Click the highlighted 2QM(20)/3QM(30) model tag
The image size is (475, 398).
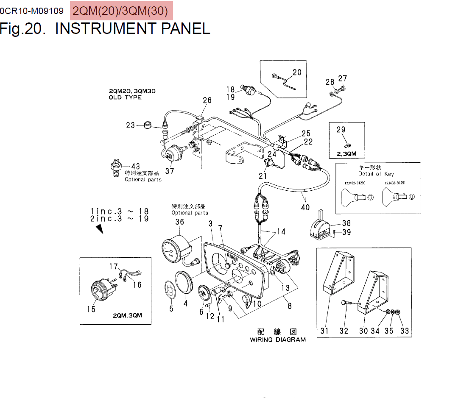click(x=120, y=11)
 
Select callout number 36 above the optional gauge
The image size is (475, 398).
click(x=179, y=222)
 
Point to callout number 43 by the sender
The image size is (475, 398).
click(x=135, y=167)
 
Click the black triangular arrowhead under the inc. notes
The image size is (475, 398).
click(x=100, y=229)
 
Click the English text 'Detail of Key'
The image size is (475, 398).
click(x=376, y=174)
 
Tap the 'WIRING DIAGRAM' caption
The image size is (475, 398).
click(x=277, y=340)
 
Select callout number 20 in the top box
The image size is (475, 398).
click(x=297, y=72)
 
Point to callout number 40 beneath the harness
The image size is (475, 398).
click(x=305, y=207)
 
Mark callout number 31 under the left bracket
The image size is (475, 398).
click(x=324, y=331)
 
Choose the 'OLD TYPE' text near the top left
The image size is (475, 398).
click(x=125, y=97)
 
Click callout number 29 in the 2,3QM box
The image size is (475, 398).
click(x=341, y=130)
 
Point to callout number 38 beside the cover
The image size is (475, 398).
click(x=346, y=223)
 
